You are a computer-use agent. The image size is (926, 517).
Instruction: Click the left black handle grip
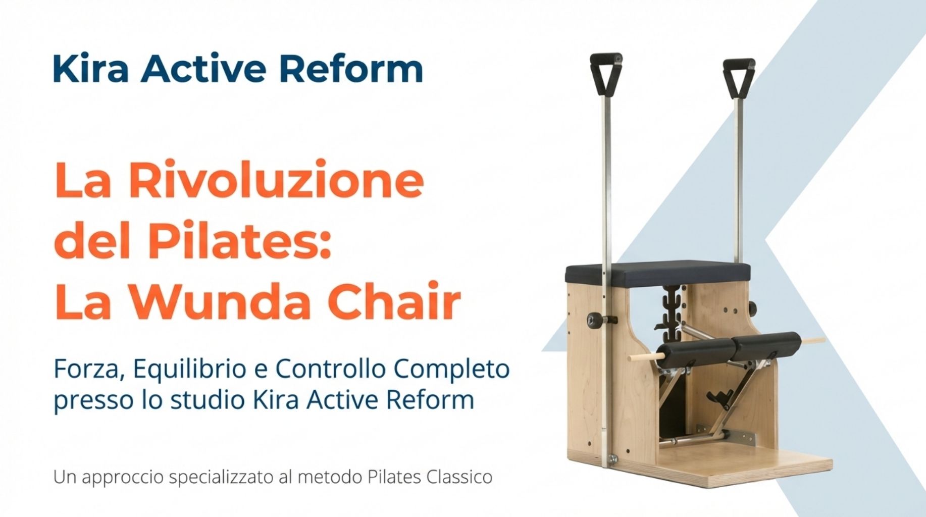pos(606,73)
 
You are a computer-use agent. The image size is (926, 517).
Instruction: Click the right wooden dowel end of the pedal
pos(813,340)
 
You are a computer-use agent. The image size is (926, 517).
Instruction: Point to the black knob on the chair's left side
pos(594,319)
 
